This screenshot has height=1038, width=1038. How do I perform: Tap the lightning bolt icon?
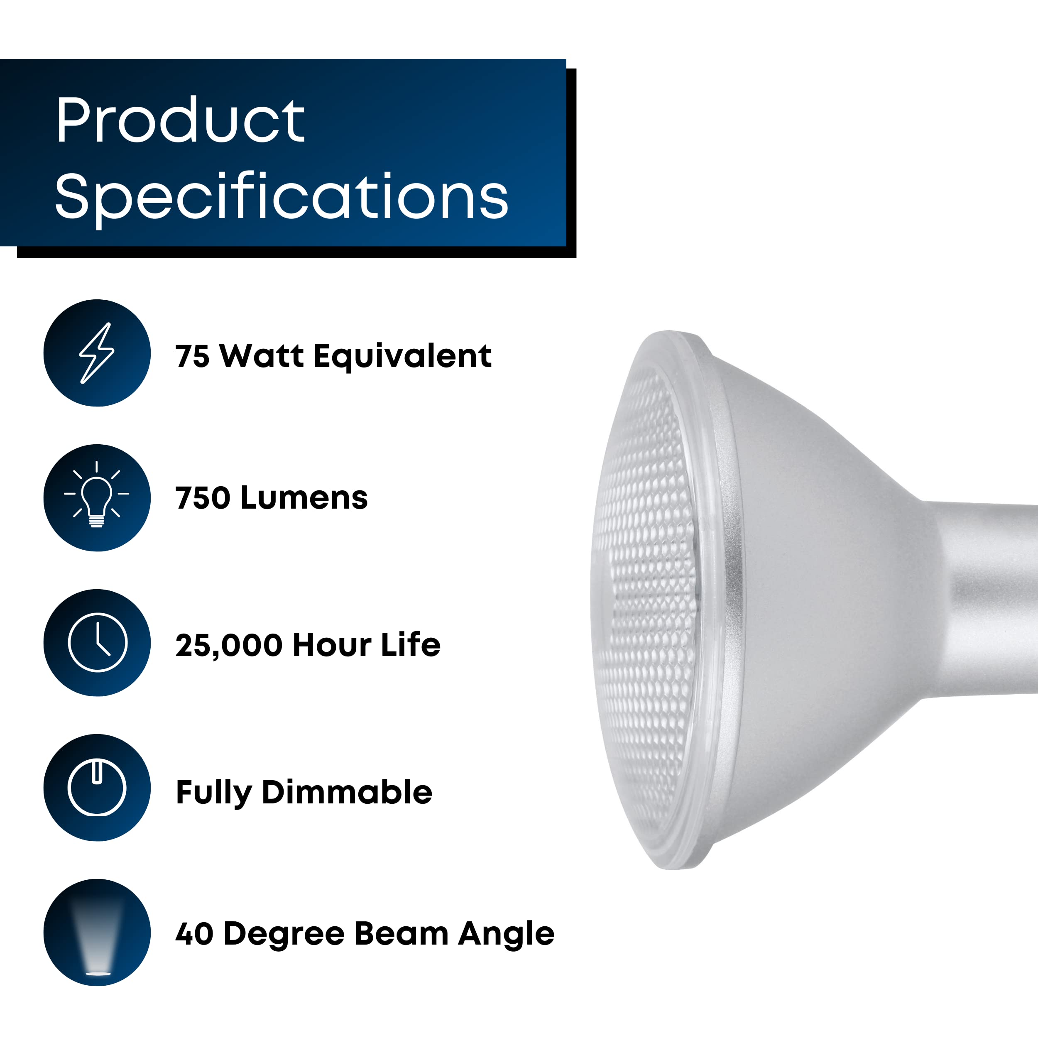click(97, 353)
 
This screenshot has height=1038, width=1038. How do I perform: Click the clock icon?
click(97, 643)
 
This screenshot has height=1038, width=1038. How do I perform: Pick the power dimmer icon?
click(97, 788)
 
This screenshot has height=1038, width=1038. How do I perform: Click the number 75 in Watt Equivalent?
click(192, 356)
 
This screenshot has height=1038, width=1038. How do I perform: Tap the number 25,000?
click(228, 645)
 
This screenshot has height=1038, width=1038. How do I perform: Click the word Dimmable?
click(347, 792)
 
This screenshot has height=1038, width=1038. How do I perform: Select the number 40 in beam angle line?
click(194, 934)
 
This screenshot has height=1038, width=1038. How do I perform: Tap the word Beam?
click(401, 934)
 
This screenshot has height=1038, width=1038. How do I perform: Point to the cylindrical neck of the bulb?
click(989, 599)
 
